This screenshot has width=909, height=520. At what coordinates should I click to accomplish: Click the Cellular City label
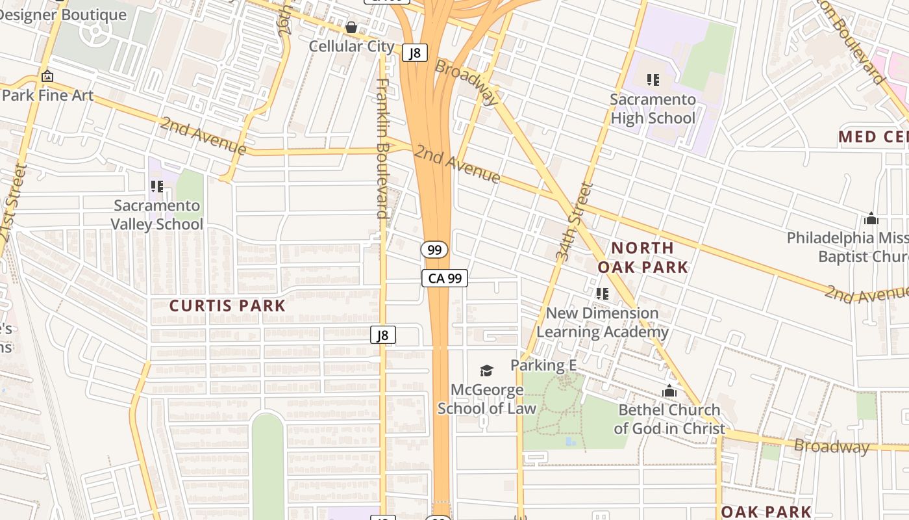[351, 46]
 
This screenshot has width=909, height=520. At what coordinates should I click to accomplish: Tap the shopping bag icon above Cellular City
[351, 27]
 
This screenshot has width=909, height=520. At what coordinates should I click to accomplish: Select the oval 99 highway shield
[434, 250]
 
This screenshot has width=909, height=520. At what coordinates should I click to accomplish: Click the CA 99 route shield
[445, 278]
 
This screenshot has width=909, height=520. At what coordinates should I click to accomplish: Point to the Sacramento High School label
[653, 109]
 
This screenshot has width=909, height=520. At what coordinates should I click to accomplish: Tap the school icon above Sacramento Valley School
[156, 187]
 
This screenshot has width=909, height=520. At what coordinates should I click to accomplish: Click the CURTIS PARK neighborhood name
[227, 305]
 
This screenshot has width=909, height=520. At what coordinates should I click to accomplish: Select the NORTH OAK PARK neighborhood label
[642, 257]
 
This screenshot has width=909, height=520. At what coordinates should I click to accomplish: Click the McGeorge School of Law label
[486, 399]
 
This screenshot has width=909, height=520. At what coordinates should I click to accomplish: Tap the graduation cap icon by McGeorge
[486, 370]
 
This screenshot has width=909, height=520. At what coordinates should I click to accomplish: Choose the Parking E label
[543, 365]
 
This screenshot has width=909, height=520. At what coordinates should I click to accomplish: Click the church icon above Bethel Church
[669, 391]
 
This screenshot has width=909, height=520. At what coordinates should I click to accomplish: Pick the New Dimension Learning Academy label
[602, 322]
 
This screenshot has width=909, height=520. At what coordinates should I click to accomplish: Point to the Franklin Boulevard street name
[382, 148]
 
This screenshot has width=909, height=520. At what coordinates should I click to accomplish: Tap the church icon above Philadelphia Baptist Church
[871, 219]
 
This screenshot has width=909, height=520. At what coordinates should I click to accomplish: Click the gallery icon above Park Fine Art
[47, 76]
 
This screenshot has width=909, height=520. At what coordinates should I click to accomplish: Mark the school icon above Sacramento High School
[653, 80]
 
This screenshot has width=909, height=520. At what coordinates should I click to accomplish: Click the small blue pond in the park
[570, 441]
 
